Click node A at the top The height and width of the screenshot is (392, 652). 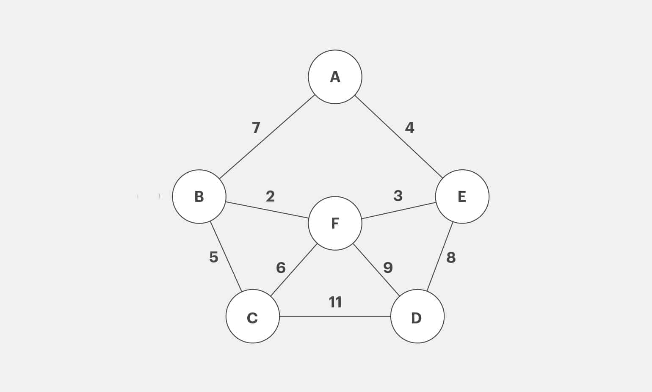335,77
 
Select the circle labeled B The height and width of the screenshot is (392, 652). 199,196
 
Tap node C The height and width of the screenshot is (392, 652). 252,316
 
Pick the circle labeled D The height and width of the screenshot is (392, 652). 417,316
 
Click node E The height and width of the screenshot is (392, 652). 462,196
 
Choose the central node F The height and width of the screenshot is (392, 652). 335,223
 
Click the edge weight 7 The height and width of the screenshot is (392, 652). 256,127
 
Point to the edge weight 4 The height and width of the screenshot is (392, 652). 409,127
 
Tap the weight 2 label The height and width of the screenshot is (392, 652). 270,196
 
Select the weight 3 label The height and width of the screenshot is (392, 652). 398,196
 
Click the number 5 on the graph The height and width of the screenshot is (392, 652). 214,257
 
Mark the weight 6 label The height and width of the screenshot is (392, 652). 281,268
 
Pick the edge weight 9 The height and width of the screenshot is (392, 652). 388,268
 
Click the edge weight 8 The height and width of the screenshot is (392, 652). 451,257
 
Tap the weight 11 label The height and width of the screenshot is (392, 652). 335,302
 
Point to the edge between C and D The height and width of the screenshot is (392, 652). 335,316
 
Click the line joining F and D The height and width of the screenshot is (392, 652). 376,269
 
